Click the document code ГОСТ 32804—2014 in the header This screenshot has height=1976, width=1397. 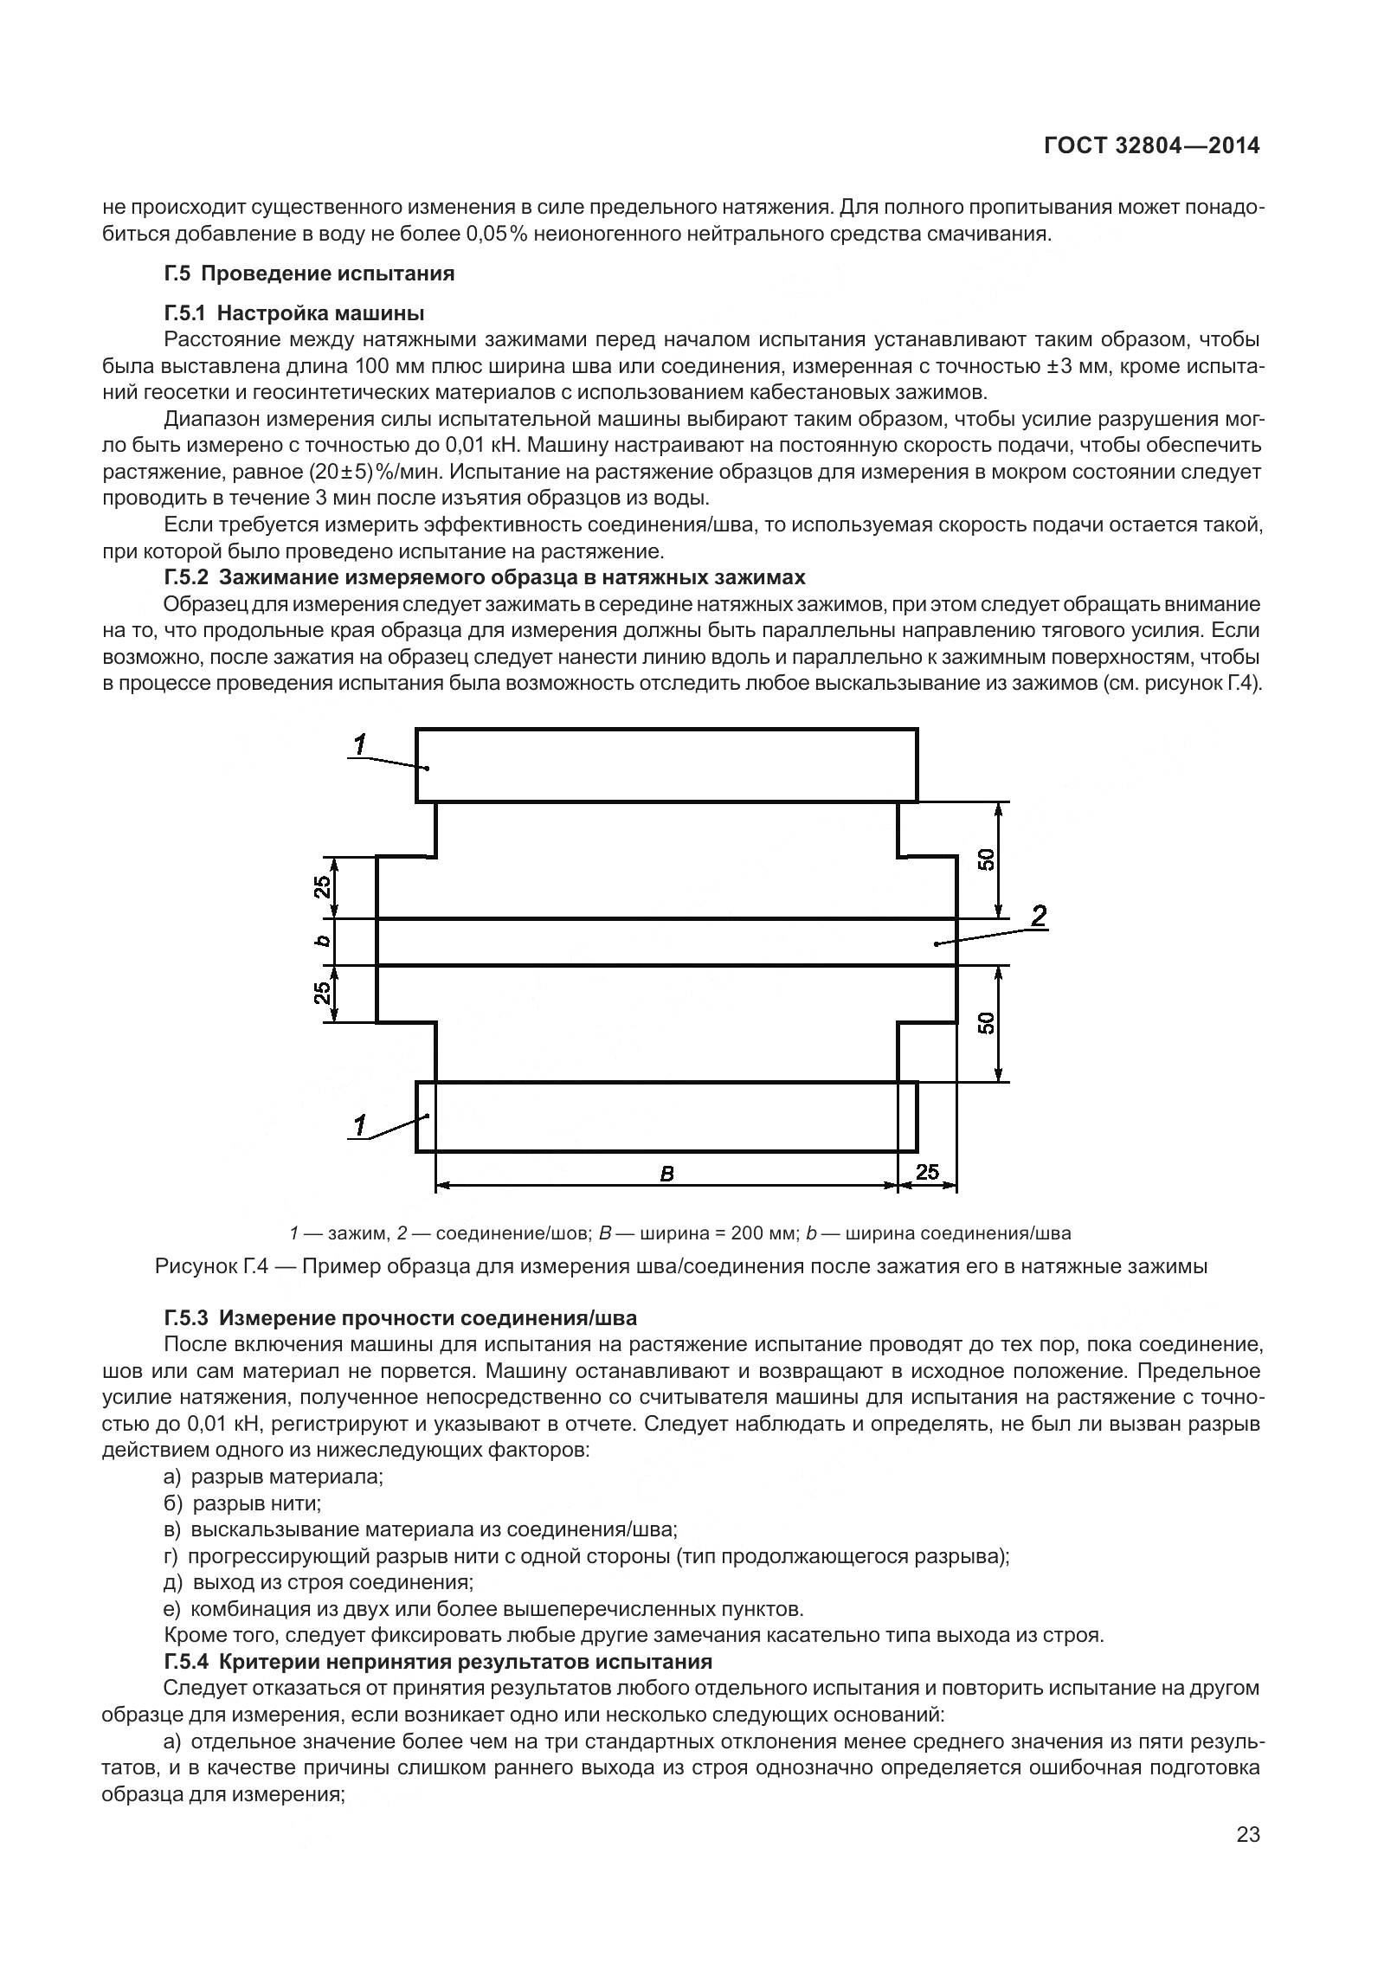click(1150, 146)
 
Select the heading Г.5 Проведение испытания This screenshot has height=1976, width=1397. click(308, 274)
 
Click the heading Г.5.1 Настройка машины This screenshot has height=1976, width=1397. click(293, 312)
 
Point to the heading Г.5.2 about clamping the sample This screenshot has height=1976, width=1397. click(484, 576)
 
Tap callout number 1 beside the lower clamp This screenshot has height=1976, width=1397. click(360, 1124)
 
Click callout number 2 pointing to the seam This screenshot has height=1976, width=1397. click(1039, 915)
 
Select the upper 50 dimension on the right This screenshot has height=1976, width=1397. click(986, 859)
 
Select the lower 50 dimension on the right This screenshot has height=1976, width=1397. click(986, 1023)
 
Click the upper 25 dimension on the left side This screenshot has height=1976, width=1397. click(321, 887)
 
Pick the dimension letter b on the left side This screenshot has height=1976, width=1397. click(321, 941)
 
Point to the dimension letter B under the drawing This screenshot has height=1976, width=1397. click(666, 1174)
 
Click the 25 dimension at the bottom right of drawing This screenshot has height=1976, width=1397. click(927, 1172)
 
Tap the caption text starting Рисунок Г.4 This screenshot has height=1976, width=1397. click(680, 1267)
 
